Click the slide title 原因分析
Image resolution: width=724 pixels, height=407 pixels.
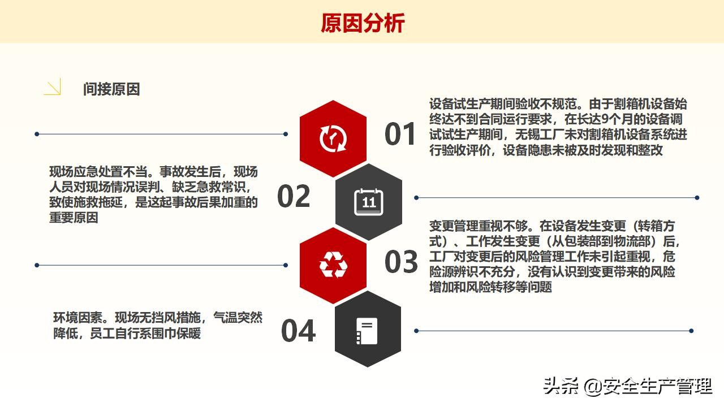click(362, 23)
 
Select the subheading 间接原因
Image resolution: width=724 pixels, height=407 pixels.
click(111, 89)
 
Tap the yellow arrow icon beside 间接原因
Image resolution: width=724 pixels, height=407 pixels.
click(53, 88)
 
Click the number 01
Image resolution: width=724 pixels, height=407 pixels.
click(400, 135)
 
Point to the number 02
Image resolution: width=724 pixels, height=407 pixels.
click(294, 196)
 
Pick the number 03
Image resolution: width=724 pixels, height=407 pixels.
click(401, 262)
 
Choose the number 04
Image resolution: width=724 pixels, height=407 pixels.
click(298, 331)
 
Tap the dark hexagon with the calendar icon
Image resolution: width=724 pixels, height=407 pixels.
click(369, 202)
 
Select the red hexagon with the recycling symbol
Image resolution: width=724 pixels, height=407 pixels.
click(333, 265)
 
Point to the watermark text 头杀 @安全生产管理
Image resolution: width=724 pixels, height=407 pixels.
click(627, 387)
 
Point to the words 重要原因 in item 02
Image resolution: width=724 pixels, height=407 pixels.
click(74, 218)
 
